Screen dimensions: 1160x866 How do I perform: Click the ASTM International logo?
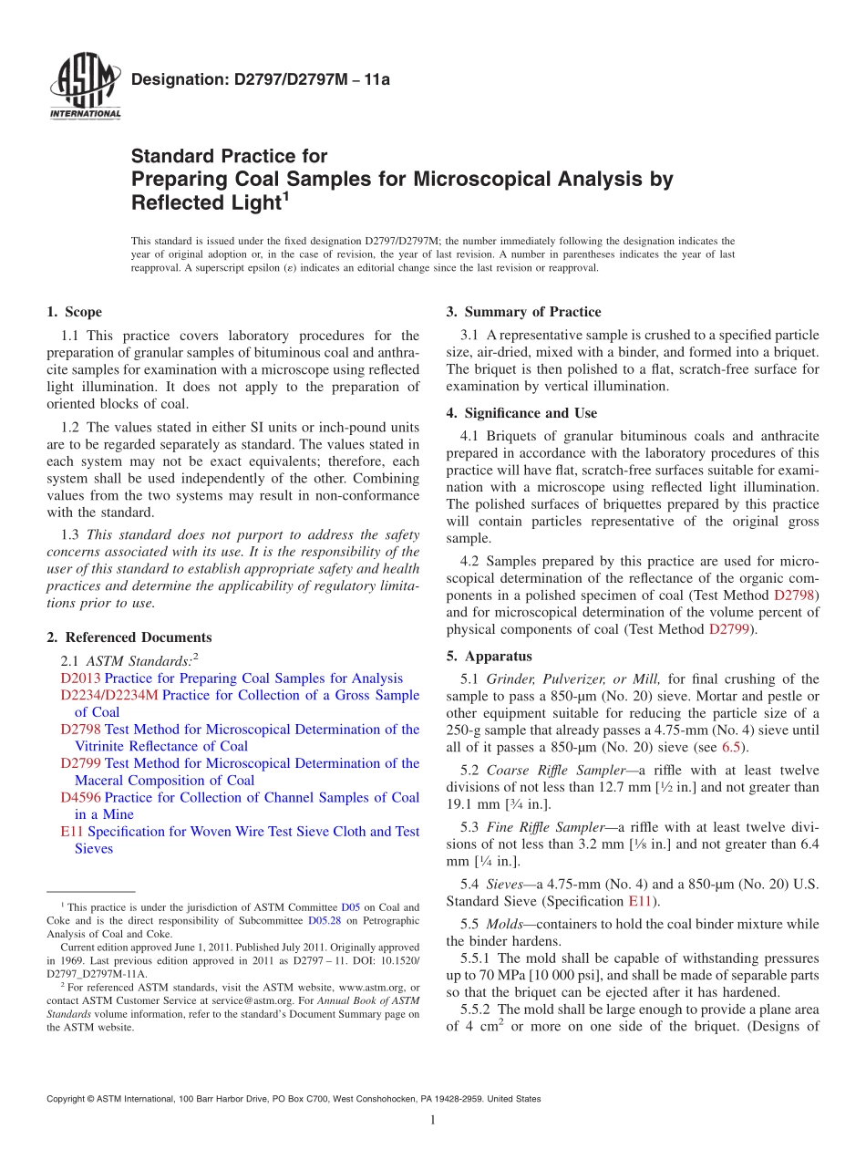84,88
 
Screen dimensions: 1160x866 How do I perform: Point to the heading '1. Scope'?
74,312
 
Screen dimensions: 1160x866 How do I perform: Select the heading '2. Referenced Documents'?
129,637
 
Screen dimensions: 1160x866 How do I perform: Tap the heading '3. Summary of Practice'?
523,312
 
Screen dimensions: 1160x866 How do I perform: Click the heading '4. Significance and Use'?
521,413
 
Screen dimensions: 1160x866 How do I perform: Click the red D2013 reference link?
81,678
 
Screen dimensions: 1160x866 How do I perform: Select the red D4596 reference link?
81,797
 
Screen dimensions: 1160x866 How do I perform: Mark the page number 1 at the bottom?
433,1121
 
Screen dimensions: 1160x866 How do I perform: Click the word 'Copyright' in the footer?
67,1099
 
